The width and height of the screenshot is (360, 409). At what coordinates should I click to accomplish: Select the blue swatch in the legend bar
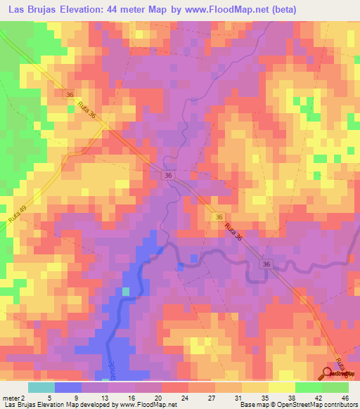(68, 388)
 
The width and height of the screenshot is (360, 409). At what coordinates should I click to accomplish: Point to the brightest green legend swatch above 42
(335, 388)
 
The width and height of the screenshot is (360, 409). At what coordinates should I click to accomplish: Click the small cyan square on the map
(126, 291)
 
